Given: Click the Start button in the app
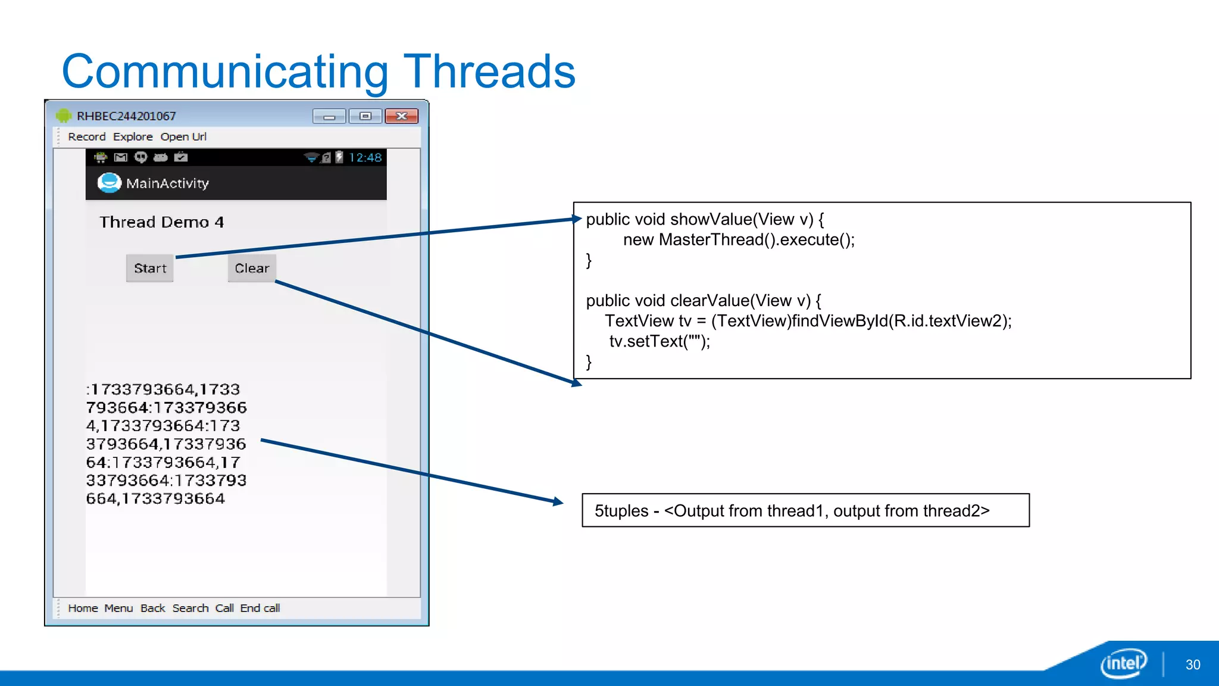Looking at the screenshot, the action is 149,268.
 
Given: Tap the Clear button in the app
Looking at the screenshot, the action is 252,268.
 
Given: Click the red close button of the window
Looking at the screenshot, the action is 401,116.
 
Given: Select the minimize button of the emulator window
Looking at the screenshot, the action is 329,116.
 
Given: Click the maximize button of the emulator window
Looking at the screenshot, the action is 365,116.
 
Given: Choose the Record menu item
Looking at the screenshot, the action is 86,137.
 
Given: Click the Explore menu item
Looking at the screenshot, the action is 133,137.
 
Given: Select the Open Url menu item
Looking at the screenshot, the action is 183,137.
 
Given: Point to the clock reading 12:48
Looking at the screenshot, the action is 365,157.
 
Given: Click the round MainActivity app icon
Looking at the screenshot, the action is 109,183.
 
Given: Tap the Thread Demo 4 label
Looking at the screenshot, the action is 161,222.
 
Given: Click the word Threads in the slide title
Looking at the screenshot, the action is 489,71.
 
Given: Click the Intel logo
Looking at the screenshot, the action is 1123,663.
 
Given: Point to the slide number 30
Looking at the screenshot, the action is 1193,665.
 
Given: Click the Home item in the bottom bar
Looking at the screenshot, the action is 83,608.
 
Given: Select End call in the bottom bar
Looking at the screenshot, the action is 260,608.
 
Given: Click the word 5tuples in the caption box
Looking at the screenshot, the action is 621,511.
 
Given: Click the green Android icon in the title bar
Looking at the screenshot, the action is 64,116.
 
